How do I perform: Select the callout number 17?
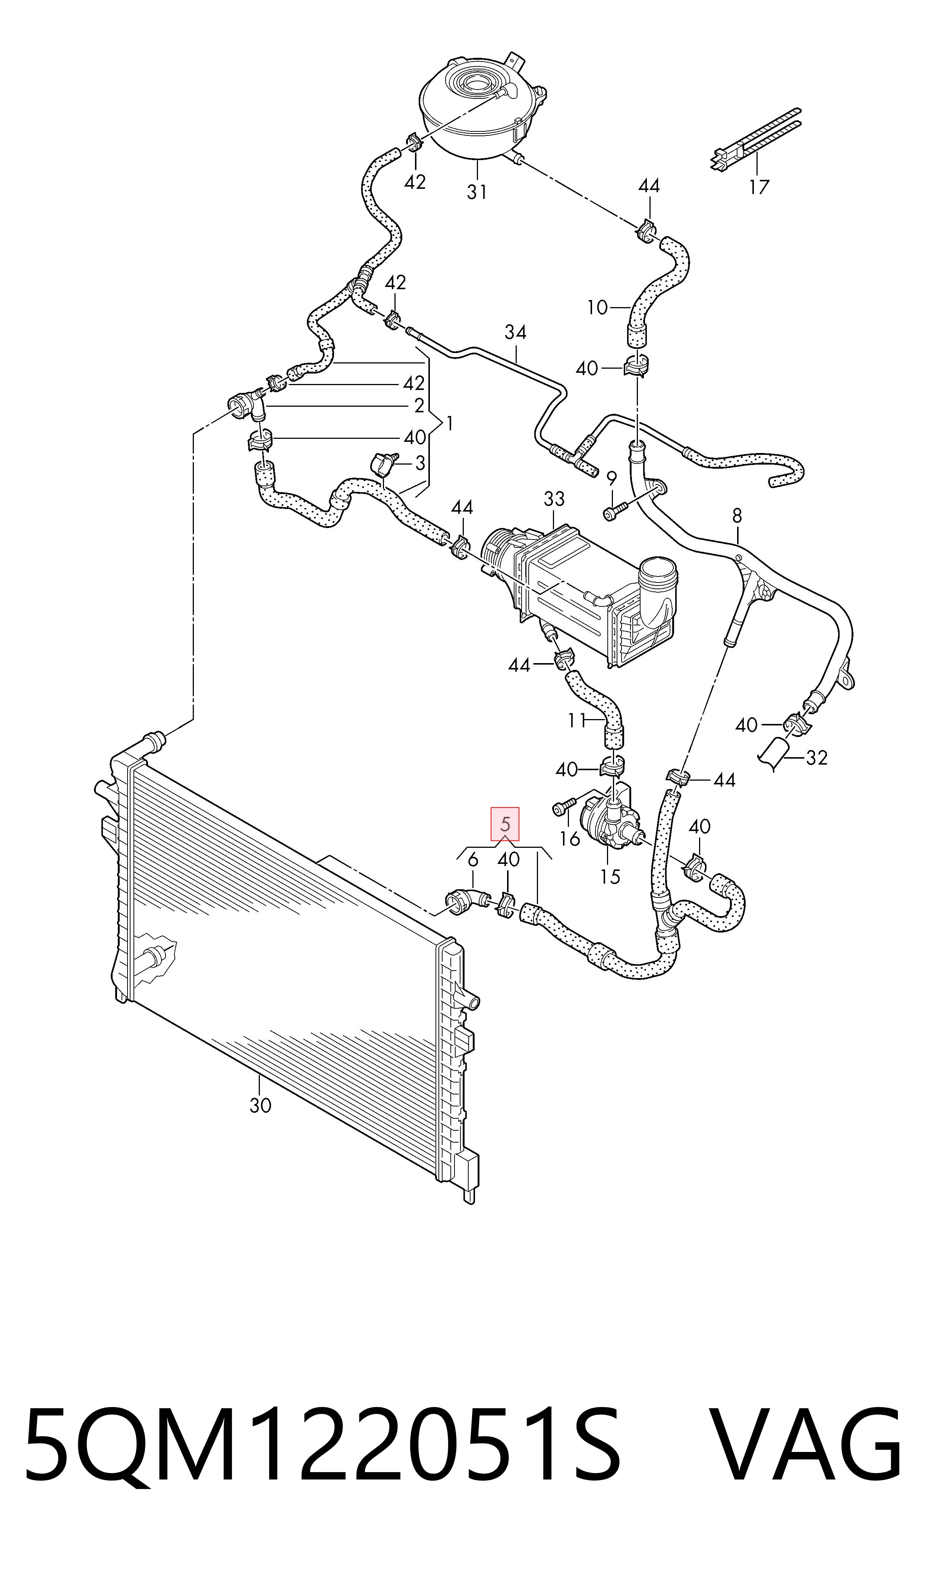tap(759, 187)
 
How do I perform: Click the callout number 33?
tap(554, 499)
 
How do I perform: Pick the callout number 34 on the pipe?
tap(516, 332)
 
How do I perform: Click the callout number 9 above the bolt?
tap(611, 479)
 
